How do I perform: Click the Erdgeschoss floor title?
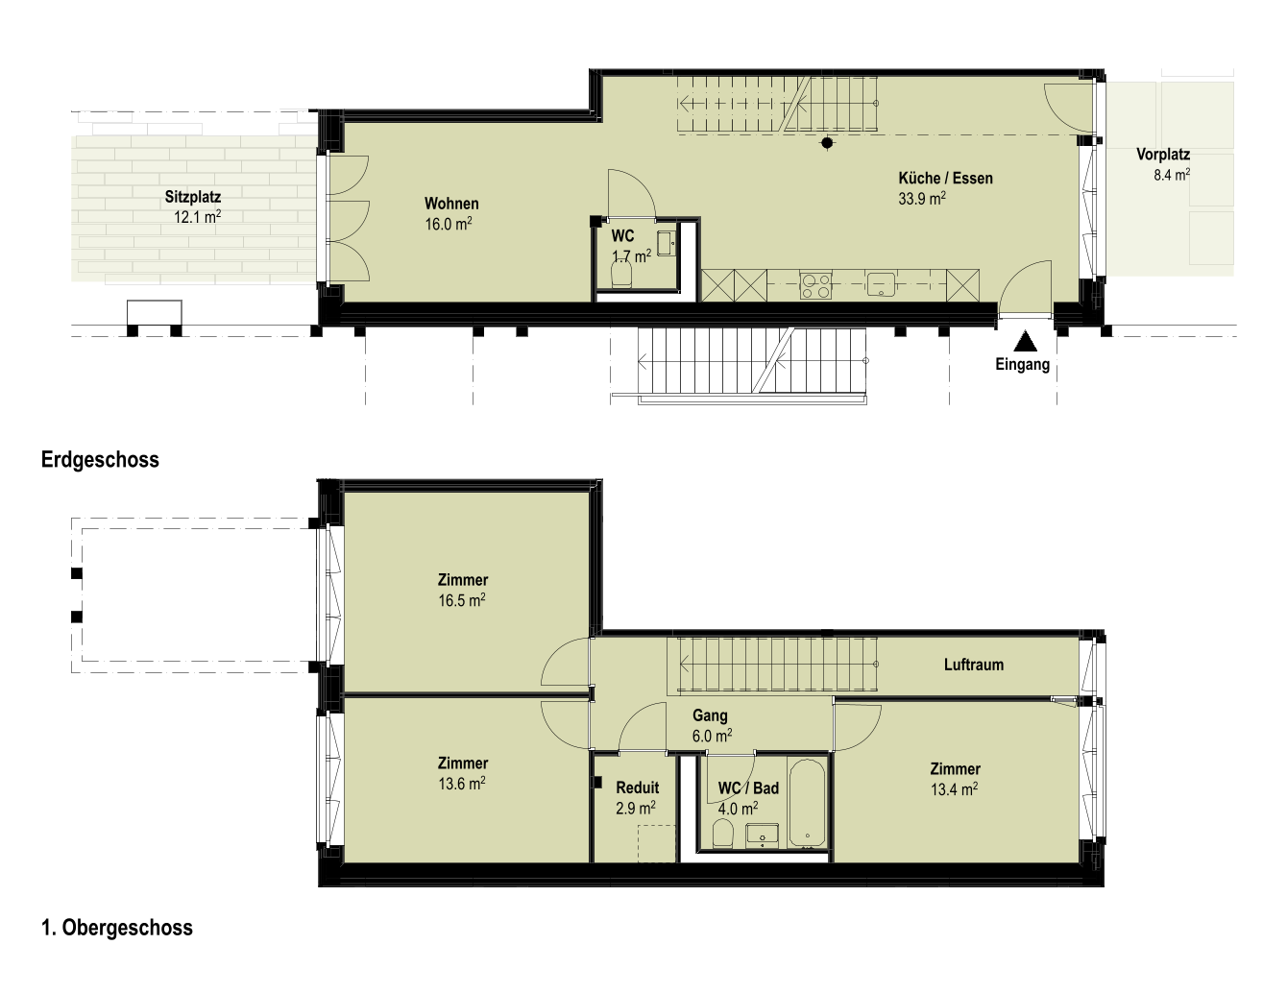(x=100, y=459)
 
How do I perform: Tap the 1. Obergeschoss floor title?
(x=117, y=928)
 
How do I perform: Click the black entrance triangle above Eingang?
(x=1025, y=341)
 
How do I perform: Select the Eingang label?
(x=1022, y=365)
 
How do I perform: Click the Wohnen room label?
(x=451, y=204)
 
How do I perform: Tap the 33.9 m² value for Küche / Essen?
(x=921, y=199)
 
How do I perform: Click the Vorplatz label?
(x=1163, y=155)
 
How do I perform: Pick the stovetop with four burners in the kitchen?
(x=815, y=286)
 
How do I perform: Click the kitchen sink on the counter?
(x=881, y=284)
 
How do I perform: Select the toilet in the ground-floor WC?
(x=621, y=274)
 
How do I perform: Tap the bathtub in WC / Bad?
(x=808, y=803)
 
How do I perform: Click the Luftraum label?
(x=974, y=665)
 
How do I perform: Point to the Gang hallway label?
(x=710, y=715)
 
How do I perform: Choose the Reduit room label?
(x=638, y=787)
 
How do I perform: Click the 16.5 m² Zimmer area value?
(x=462, y=600)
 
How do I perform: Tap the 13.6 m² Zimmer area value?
(x=462, y=784)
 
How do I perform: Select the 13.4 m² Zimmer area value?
(x=955, y=789)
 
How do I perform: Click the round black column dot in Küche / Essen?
(x=827, y=142)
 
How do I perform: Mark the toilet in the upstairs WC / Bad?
(x=722, y=834)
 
